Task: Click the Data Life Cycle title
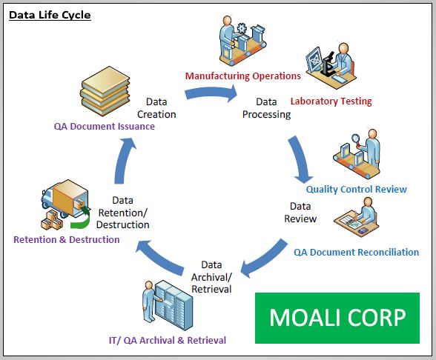click(x=50, y=15)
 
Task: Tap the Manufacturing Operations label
click(x=242, y=76)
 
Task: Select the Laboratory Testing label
click(x=331, y=101)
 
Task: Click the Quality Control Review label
click(x=357, y=189)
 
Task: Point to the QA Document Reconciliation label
click(x=356, y=252)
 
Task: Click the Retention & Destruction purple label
click(x=67, y=239)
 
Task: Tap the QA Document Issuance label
click(x=105, y=126)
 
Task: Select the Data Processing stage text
click(x=266, y=108)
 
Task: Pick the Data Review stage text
click(x=300, y=213)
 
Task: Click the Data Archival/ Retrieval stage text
click(x=211, y=276)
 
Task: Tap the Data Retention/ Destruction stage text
click(x=123, y=213)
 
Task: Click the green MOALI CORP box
click(x=337, y=318)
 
